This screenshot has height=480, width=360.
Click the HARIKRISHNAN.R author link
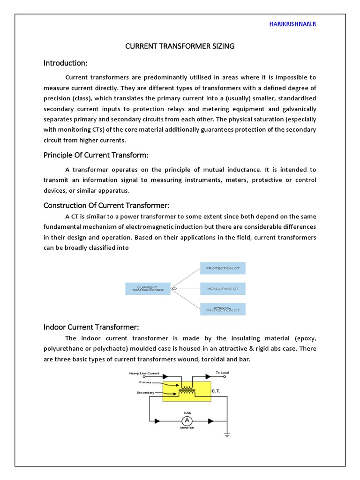click(x=293, y=24)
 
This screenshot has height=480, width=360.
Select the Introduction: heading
click(x=66, y=63)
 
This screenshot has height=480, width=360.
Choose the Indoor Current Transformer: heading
click(x=91, y=327)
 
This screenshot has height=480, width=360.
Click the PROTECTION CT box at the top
click(x=223, y=268)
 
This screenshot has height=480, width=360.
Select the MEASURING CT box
click(x=223, y=289)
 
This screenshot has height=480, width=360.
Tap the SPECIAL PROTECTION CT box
click(x=223, y=309)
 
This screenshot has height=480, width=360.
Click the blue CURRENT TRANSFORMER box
click(x=148, y=289)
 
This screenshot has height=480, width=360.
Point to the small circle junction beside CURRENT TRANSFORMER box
click(x=174, y=289)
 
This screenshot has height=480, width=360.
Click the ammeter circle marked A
click(x=187, y=420)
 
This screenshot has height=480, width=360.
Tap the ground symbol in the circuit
click(x=227, y=435)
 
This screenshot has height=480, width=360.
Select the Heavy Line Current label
click(x=144, y=374)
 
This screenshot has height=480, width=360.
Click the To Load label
click(x=222, y=373)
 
